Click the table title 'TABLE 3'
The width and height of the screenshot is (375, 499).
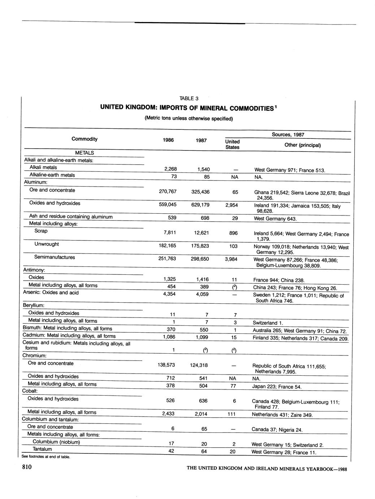(189, 98)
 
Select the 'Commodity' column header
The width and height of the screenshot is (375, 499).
(85, 139)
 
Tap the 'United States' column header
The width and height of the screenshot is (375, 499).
(232, 144)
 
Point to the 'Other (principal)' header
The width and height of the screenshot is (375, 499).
(302, 145)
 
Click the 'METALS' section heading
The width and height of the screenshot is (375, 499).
(84, 153)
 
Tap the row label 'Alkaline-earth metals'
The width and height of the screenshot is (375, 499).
(52, 175)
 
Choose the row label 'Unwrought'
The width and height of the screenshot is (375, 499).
(47, 244)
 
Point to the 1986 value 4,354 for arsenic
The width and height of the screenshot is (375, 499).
(167, 294)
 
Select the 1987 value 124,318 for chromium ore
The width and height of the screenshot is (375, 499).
(198, 365)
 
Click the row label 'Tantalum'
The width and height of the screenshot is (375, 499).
(42, 449)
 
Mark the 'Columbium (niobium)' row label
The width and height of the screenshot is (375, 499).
(56, 442)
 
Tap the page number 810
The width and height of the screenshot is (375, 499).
(27, 468)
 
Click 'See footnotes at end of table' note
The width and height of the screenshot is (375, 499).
(46, 457)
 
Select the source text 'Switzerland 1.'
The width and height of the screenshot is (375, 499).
(268, 323)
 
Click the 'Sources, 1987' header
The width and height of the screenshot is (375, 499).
(288, 135)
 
